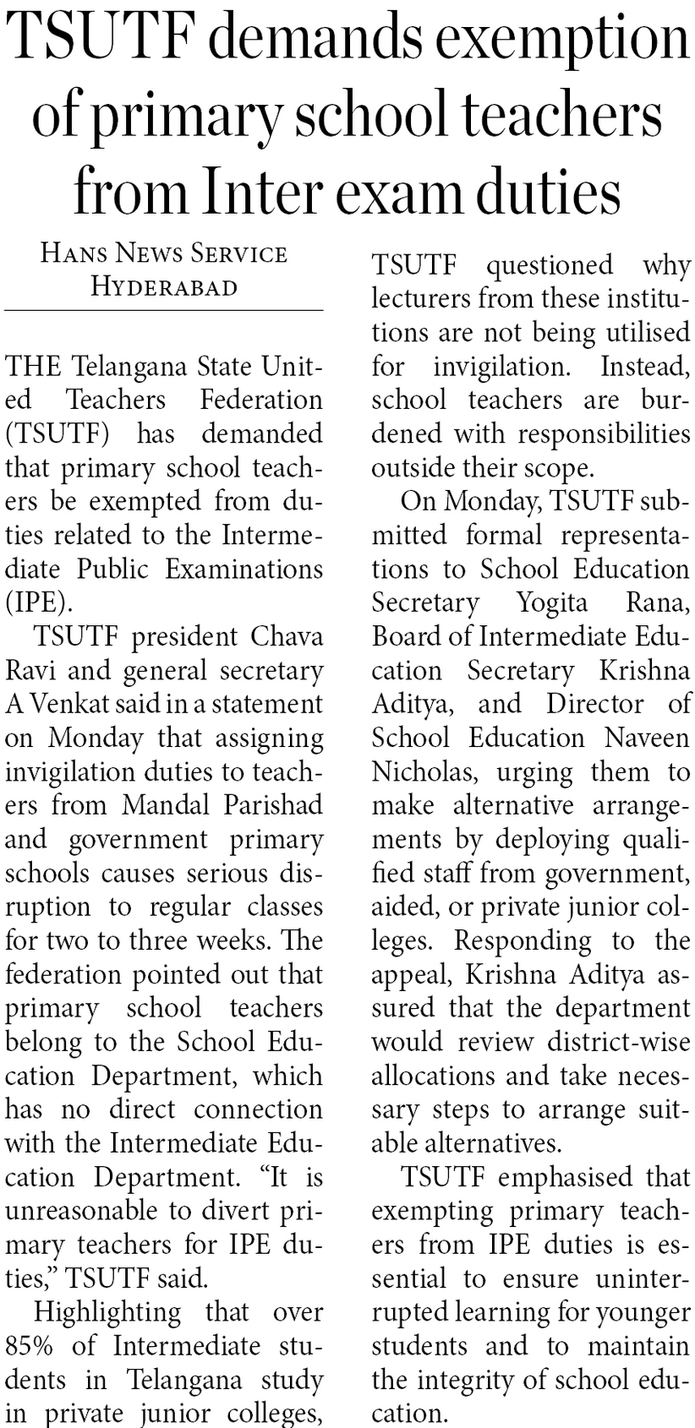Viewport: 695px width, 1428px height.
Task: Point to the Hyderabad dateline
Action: click(164, 287)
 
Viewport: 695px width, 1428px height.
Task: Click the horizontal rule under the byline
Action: click(164, 311)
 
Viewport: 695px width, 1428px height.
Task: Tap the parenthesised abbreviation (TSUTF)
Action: click(58, 434)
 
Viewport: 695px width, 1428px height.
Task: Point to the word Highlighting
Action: click(107, 1312)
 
